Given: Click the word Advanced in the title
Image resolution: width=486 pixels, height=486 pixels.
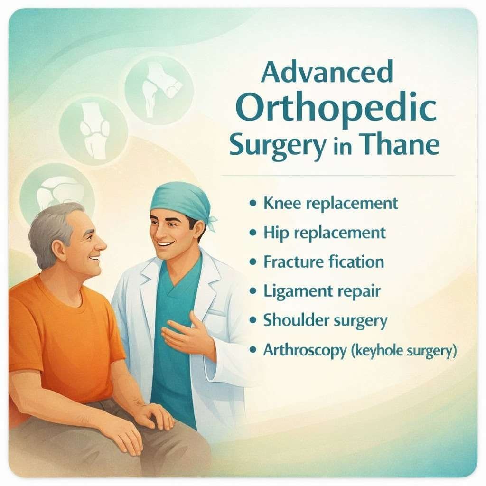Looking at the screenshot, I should click(x=327, y=73).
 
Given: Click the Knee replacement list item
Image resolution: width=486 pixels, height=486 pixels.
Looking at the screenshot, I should click(x=330, y=204).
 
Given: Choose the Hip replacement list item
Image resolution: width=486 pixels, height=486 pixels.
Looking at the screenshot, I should click(x=324, y=233).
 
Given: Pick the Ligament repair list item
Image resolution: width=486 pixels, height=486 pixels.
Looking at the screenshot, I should click(x=322, y=291).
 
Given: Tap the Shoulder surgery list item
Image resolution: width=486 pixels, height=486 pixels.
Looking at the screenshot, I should click(x=325, y=320).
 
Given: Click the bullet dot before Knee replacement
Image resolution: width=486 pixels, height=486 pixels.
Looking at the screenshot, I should click(x=253, y=204).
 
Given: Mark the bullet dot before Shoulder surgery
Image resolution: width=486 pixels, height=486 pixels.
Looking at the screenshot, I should click(x=253, y=320).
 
